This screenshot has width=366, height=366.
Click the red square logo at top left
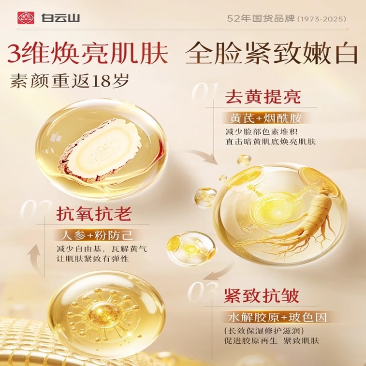[x=26, y=18]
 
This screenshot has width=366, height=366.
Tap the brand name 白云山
[x=61, y=18]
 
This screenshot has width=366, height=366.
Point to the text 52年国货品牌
[x=261, y=18]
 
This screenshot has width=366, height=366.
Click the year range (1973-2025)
[x=322, y=19]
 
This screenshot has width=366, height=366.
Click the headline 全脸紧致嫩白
[x=271, y=53]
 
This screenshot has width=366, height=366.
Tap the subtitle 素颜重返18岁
[x=69, y=81]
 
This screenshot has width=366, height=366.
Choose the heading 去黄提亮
[x=263, y=97]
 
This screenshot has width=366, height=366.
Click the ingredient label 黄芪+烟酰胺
[x=266, y=118]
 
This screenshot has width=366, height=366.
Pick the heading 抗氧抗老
[x=94, y=214]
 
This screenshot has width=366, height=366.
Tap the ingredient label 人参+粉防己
[x=97, y=235]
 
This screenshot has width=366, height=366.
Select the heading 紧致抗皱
[x=262, y=296]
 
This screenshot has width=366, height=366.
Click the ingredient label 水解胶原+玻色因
[x=278, y=318]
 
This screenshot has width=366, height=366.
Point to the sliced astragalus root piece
[x=99, y=150]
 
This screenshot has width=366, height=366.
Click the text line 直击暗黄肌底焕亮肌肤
[x=271, y=142]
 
